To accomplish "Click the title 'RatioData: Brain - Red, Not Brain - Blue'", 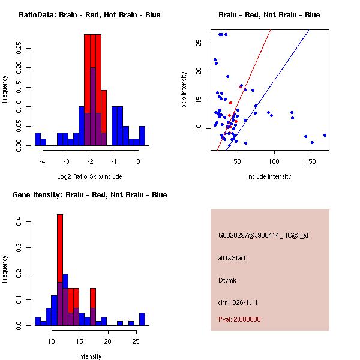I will [x=89, y=15].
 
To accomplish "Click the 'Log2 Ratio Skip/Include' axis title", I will [x=89, y=176].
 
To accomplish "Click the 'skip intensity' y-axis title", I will [x=185, y=90].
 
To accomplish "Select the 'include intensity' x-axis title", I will [x=269, y=176].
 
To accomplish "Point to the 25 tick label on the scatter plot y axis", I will [x=199, y=43].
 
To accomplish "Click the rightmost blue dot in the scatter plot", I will [x=325, y=136].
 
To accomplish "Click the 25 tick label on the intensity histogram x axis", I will [x=136, y=341].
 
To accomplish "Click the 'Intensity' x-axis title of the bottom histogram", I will [x=89, y=356].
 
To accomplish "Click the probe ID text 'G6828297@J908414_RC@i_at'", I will [x=263, y=236].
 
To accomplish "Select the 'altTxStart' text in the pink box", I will [x=232, y=258].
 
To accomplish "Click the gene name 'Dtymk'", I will [x=228, y=280].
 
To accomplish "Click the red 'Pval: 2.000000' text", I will [x=239, y=319].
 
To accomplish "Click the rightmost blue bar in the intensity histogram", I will [x=142, y=319].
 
